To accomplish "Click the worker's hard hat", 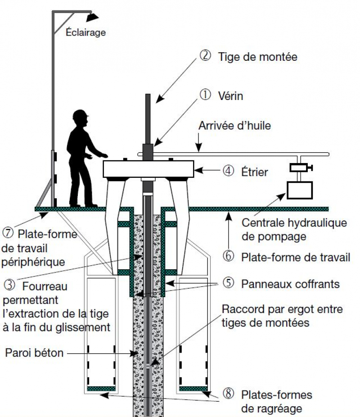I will click(81, 115).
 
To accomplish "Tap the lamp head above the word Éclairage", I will click(92, 17).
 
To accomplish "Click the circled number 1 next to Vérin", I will click(205, 95).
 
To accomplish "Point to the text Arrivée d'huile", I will click(235, 126).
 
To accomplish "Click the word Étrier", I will click(254, 171).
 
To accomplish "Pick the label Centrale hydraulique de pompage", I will click(288, 229).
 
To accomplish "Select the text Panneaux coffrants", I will click(290, 284).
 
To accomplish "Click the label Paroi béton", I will click(34, 353).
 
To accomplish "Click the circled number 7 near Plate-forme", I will click(8, 234).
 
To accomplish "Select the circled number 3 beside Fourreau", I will click(9, 285).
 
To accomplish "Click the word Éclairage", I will click(85, 32).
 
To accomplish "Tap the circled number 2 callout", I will click(205, 57).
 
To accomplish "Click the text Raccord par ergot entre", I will click(282, 310).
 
